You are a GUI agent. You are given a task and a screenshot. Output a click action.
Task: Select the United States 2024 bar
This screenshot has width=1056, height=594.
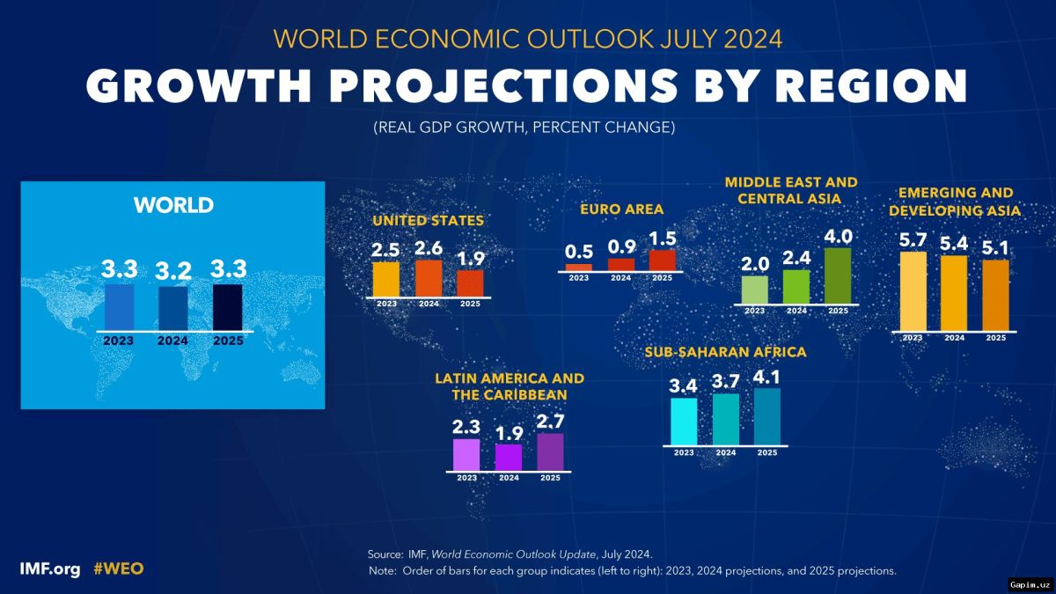(428, 278)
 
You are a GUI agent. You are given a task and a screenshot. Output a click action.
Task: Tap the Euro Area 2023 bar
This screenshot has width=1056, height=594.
(578, 267)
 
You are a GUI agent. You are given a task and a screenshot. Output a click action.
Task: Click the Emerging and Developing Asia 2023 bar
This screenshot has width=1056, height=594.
(913, 291)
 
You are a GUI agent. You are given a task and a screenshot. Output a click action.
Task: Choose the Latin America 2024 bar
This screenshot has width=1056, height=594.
(508, 457)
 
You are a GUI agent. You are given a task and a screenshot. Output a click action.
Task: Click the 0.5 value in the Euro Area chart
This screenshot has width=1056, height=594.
(578, 251)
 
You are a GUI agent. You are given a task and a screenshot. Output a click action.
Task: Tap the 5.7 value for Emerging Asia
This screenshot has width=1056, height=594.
(913, 238)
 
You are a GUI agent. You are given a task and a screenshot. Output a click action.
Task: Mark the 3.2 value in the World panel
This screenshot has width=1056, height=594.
(173, 271)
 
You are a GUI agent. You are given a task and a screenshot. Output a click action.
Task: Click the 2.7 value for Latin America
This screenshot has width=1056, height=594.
(550, 420)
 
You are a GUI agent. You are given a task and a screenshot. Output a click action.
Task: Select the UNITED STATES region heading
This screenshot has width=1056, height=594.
(428, 220)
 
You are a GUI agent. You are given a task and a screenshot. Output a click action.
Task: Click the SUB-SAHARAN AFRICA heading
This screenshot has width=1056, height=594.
(725, 352)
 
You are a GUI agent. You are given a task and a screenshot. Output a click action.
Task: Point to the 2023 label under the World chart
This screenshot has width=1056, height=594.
(119, 341)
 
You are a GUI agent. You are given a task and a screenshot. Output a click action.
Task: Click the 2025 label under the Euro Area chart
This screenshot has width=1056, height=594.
(662, 278)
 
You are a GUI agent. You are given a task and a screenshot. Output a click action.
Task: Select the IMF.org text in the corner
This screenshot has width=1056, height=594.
(51, 568)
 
